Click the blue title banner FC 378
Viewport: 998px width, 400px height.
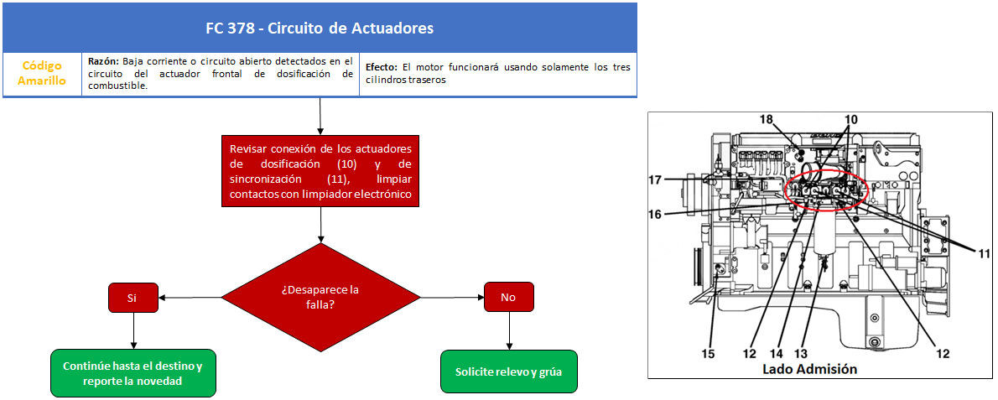coord(320,28)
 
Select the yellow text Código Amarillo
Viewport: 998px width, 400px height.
coord(42,74)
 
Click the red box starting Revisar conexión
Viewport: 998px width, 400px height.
coord(320,170)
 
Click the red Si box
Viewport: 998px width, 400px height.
coord(133,297)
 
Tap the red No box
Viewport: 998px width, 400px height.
coord(508,297)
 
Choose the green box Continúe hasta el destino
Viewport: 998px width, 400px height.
coord(133,373)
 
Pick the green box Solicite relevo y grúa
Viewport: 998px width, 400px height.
coord(508,372)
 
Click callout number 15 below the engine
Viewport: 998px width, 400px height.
coord(708,353)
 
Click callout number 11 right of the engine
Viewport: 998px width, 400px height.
coord(984,253)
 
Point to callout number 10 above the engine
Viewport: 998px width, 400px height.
coord(851,119)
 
